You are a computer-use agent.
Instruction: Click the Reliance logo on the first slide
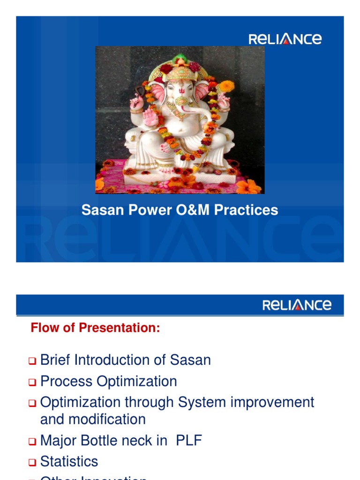tap(285, 38)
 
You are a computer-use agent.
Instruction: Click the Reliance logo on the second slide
tap(297, 305)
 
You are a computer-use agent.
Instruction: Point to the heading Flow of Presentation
tap(95, 328)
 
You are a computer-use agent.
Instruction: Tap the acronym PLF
tap(189, 441)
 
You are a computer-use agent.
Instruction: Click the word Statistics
tap(69, 461)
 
